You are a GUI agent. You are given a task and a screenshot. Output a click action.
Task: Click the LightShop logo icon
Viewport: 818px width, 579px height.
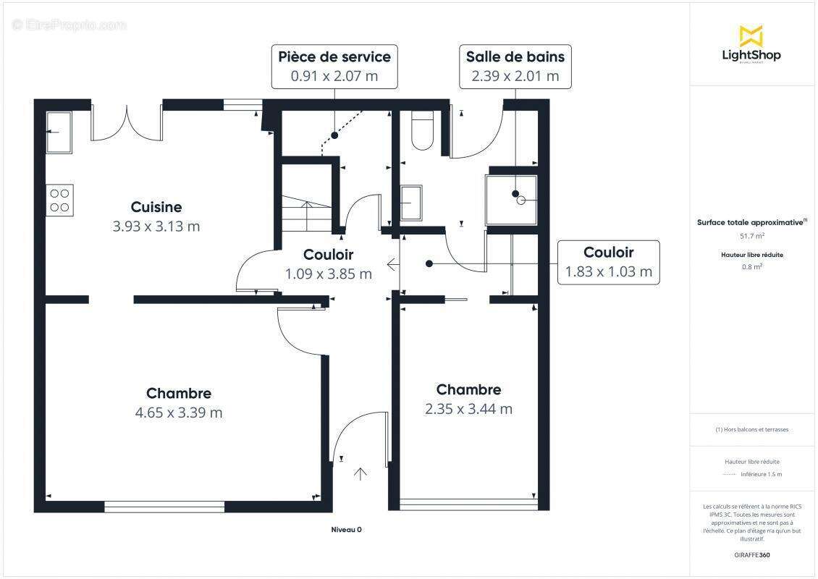[751, 35]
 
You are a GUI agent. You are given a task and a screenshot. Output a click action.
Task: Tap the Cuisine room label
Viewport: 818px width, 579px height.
[156, 208]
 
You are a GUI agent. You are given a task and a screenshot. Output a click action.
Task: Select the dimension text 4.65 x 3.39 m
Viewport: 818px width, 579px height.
[178, 413]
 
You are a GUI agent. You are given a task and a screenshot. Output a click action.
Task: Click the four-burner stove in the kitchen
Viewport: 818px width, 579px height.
[59, 200]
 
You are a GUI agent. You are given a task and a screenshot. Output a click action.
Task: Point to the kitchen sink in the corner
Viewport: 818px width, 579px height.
[59, 132]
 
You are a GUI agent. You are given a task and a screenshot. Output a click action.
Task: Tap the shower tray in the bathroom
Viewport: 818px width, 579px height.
[511, 200]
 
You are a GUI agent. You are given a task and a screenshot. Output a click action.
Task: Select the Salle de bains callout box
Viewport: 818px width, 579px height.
[515, 66]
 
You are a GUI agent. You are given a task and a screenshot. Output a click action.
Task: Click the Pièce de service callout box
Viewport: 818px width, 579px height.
[334, 66]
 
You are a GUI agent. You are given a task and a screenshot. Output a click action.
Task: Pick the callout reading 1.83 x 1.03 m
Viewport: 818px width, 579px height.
[608, 262]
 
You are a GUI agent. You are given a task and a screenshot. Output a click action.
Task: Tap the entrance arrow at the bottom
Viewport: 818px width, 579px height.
[360, 474]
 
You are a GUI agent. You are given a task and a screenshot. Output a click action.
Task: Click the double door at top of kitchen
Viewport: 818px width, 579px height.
[127, 123]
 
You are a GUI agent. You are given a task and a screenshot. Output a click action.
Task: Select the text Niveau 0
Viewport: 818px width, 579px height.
[346, 530]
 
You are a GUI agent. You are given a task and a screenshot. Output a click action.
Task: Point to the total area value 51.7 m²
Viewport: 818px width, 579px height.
[751, 236]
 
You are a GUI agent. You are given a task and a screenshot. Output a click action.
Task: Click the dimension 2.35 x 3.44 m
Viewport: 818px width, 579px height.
[468, 409]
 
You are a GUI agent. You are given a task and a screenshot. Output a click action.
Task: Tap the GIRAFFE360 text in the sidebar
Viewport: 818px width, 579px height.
[751, 555]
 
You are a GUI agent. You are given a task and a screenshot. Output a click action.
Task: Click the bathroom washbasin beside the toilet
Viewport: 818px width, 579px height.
[411, 203]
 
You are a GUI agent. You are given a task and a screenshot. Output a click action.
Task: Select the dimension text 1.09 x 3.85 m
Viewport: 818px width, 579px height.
[328, 274]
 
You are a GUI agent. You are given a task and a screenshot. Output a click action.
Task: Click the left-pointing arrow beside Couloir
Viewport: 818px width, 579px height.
[392, 264]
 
